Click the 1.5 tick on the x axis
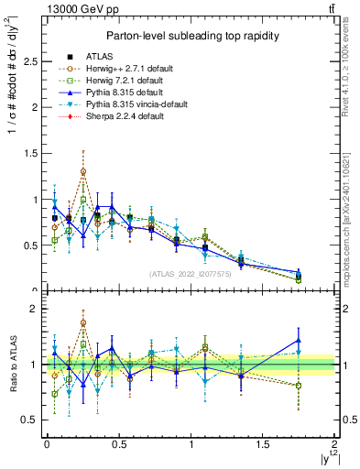[263, 444]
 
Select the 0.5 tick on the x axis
[118, 444]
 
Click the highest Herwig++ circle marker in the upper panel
[83, 171]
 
